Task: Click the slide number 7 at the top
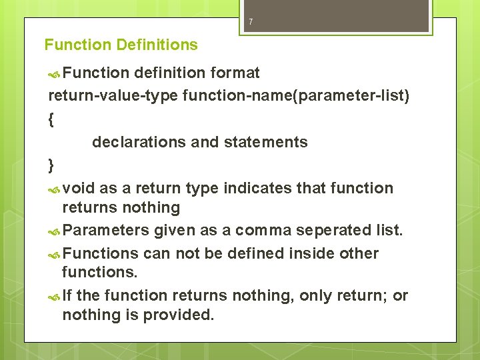[x=251, y=22]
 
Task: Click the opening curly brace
[x=51, y=119]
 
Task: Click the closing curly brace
[x=51, y=165]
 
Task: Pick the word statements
[x=270, y=142]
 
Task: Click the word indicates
[x=257, y=189]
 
